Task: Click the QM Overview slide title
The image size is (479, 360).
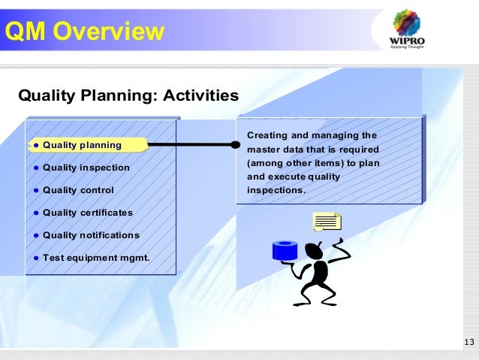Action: [x=83, y=32]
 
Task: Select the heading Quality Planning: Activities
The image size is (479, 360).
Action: [x=128, y=96]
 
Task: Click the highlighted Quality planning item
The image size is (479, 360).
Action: [x=82, y=144]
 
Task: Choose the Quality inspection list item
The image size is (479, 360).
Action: [x=86, y=168]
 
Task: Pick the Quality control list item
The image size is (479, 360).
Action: [x=78, y=190]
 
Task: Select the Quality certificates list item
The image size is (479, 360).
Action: [x=87, y=213]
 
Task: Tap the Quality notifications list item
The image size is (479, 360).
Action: [x=91, y=235]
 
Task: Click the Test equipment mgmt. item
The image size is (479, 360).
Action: [x=95, y=258]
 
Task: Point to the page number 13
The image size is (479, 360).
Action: [x=469, y=343]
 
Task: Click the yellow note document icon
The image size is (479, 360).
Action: [x=327, y=222]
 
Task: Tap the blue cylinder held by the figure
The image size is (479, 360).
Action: [x=285, y=250]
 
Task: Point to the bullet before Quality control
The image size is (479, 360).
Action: [x=35, y=191]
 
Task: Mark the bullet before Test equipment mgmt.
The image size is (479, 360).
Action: [x=35, y=259]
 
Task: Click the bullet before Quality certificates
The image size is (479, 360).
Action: [x=35, y=213]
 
